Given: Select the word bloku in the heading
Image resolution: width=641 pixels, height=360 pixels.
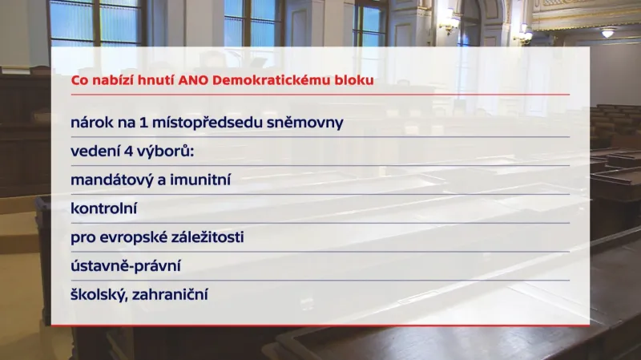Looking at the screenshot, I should coord(356,80).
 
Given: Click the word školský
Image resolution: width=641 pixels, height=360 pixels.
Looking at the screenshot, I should coord(99,295).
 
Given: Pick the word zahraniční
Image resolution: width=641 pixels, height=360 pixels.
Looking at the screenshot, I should coord(175,295).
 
